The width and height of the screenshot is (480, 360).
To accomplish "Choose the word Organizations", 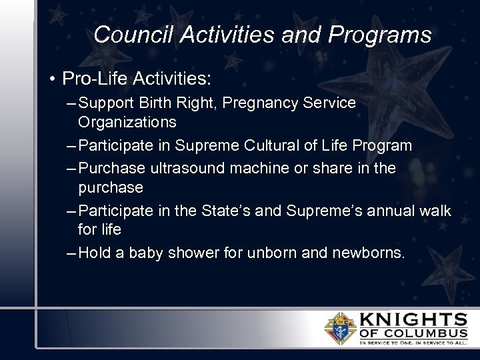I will [127, 122].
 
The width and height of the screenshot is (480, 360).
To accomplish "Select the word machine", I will [267, 169].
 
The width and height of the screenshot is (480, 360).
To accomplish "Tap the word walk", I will [435, 211].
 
